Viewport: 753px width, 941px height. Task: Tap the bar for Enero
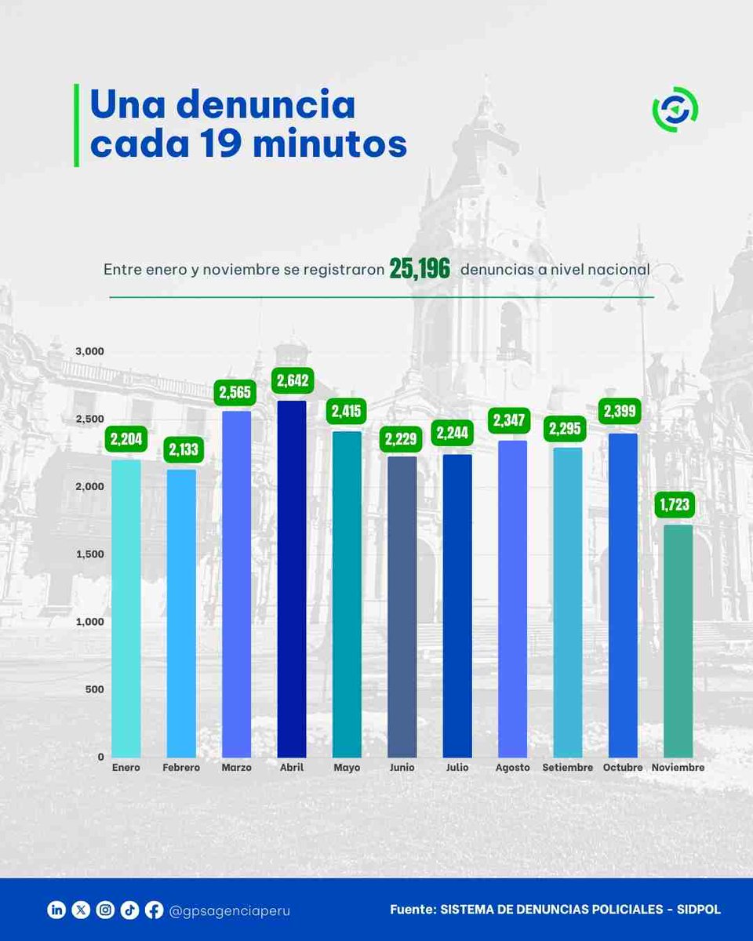(126, 608)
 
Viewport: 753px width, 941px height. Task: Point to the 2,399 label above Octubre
(620, 411)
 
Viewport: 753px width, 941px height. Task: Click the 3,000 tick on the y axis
(89, 351)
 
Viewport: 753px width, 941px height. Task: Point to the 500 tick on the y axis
(94, 689)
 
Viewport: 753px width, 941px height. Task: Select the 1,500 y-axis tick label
(89, 554)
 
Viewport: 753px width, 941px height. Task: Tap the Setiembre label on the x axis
(567, 768)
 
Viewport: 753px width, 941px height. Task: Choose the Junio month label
(402, 768)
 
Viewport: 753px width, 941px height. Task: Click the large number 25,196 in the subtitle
(420, 270)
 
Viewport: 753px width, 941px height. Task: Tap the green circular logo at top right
(675, 111)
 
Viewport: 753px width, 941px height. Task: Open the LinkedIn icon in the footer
(56, 910)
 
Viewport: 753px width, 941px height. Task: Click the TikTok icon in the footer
(129, 910)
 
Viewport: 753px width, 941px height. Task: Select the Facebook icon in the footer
(154, 910)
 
